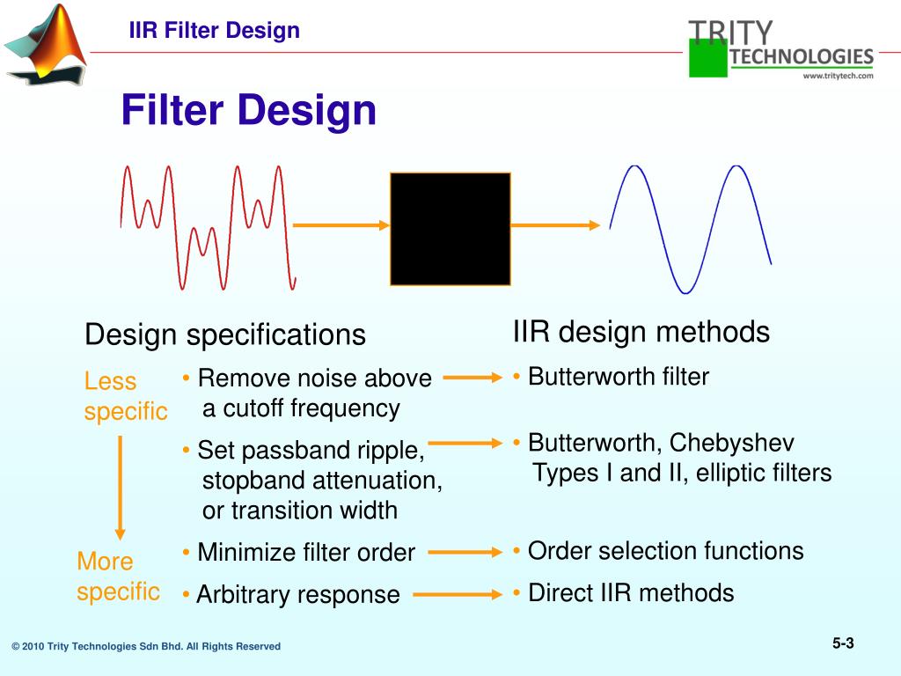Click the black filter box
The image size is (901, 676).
[x=450, y=229]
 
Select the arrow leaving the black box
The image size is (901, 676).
[x=554, y=225]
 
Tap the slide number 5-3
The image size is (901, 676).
[x=843, y=643]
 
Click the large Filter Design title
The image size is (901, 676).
[x=248, y=111]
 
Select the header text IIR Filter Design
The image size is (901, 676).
[x=215, y=31]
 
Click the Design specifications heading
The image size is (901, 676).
[x=224, y=334]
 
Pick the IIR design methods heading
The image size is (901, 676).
[x=641, y=332]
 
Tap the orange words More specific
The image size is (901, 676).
[x=118, y=576]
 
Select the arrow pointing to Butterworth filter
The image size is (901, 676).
[x=472, y=378]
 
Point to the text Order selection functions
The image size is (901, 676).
[x=665, y=551]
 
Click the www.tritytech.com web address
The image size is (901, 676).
[x=837, y=76]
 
